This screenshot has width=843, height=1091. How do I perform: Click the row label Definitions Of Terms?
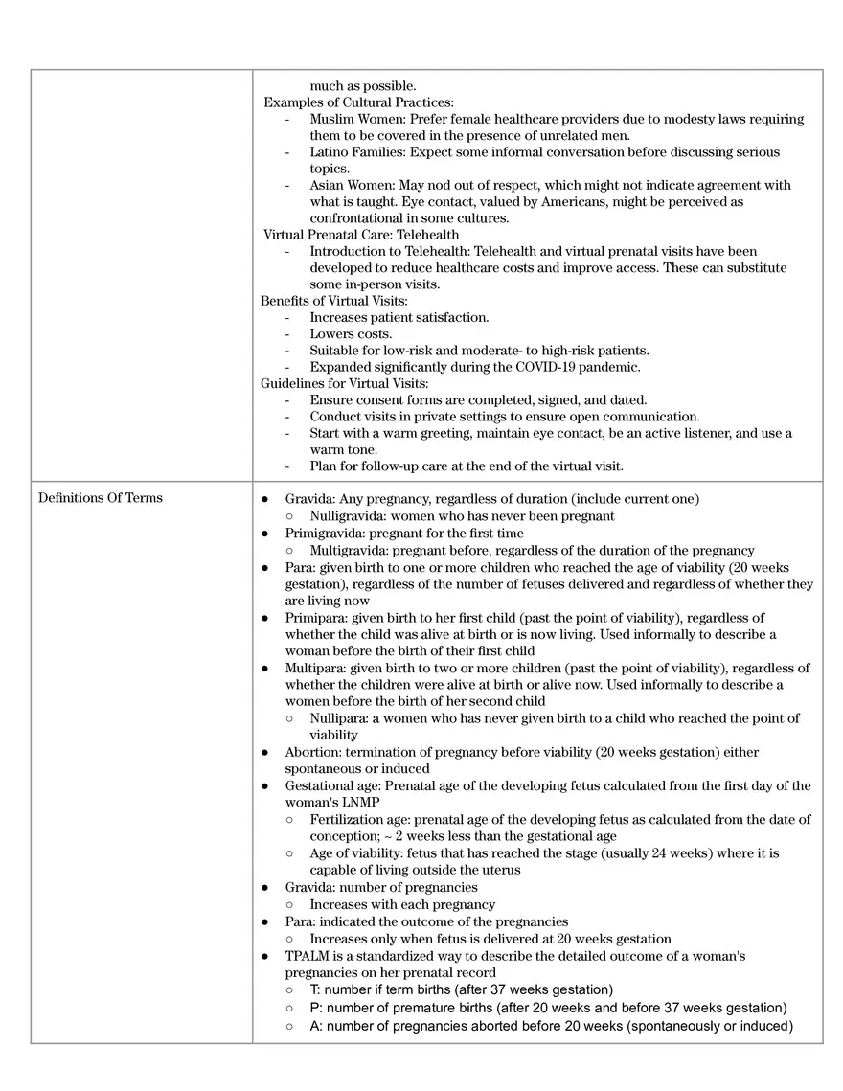tap(101, 497)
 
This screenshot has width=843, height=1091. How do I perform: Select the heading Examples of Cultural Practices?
tap(358, 102)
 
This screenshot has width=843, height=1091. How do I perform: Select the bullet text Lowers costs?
tap(351, 334)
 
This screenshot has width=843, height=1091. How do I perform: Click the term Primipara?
tap(316, 618)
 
